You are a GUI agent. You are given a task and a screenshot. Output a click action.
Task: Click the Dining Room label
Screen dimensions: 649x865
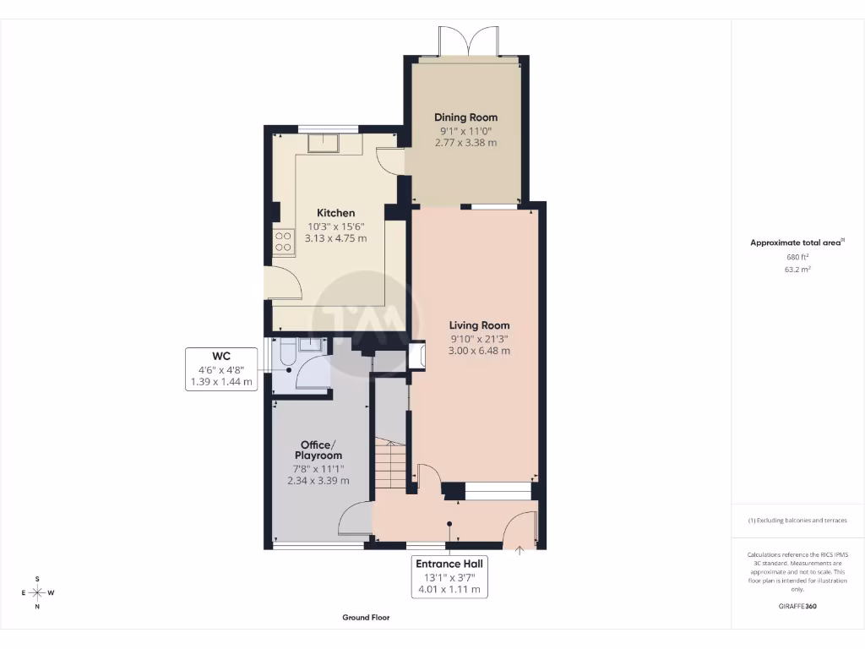[x=465, y=117]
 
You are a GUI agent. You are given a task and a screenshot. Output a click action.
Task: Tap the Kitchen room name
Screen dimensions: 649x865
[x=335, y=213]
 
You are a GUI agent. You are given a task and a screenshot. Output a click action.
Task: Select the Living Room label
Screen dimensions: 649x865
[x=479, y=325]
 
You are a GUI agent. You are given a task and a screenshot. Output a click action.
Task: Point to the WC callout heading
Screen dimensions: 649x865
[x=221, y=355]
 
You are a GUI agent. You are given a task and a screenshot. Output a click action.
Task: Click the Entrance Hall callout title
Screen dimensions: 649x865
[x=450, y=564]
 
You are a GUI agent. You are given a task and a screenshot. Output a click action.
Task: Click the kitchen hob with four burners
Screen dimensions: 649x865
[x=282, y=242]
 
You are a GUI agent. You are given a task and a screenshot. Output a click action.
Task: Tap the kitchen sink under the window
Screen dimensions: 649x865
[x=324, y=144]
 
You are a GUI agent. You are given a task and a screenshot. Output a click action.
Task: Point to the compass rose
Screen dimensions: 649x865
[x=37, y=592]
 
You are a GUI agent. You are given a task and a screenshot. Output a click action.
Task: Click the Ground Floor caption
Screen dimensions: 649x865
[x=366, y=618]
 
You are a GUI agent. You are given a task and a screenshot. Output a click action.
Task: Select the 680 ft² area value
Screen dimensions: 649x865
[x=797, y=257]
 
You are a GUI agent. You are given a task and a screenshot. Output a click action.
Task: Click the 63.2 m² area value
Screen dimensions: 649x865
[x=797, y=270]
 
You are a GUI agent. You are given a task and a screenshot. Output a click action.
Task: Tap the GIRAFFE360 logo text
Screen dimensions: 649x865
[x=797, y=606]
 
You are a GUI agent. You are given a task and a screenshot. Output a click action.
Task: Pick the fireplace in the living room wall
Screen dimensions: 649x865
[x=416, y=356]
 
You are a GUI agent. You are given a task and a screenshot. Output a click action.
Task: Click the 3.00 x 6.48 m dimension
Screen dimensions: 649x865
[x=479, y=351]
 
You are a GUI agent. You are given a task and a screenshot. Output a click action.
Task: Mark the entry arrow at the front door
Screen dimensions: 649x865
[x=520, y=550]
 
